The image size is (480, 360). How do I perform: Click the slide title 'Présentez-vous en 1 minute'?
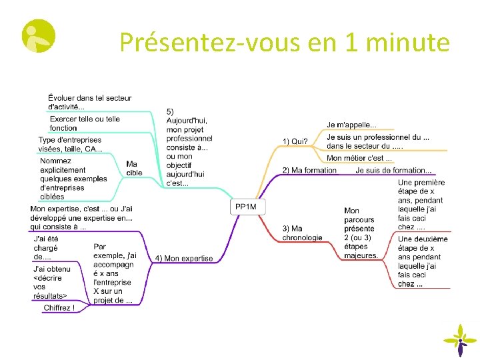pyautogui.click(x=285, y=43)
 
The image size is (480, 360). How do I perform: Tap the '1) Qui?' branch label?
pyautogui.click(x=295, y=141)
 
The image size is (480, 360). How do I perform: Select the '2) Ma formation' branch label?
pyautogui.click(x=309, y=170)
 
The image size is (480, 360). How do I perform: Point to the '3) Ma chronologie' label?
pyautogui.click(x=302, y=233)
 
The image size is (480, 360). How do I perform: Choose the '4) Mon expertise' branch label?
pyautogui.click(x=184, y=259)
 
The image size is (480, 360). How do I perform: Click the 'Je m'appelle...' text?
pyautogui.click(x=351, y=125)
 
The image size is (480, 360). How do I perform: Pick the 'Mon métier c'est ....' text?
pyautogui.click(x=359, y=158)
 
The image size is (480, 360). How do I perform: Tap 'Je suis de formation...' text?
pyautogui.click(x=393, y=170)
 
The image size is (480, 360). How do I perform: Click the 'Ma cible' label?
pyautogui.click(x=134, y=168)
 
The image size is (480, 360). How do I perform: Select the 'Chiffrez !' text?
pyautogui.click(x=59, y=308)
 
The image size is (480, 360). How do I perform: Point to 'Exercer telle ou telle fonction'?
pyautogui.click(x=85, y=123)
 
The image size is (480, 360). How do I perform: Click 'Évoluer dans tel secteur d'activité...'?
pyautogui.click(x=90, y=102)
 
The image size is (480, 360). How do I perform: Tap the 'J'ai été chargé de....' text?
pyautogui.click(x=46, y=247)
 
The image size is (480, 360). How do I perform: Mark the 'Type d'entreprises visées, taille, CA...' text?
pyautogui.click(x=70, y=145)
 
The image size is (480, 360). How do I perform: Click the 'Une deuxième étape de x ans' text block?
pyautogui.click(x=423, y=261)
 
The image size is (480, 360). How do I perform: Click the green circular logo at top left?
pyautogui.click(x=39, y=36)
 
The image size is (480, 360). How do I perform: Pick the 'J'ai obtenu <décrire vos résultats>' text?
pyautogui.click(x=51, y=283)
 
